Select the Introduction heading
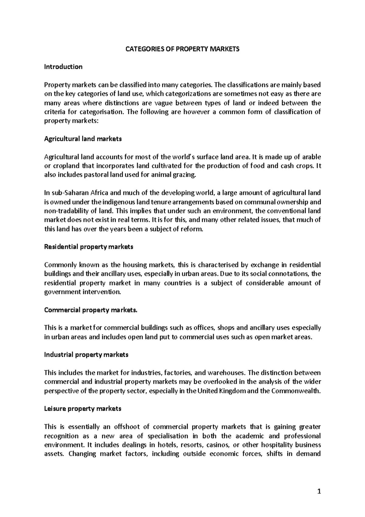[x=63, y=67]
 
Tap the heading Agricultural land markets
[x=83, y=139]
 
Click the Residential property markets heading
[x=89, y=247]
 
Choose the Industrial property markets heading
[x=86, y=355]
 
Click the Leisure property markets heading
[x=83, y=409]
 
